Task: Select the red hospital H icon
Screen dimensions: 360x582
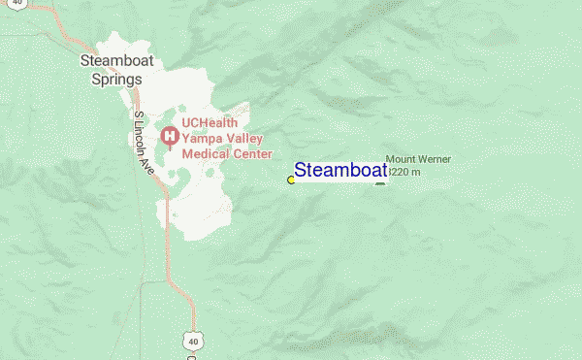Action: (168, 137)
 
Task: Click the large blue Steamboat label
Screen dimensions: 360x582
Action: (340, 171)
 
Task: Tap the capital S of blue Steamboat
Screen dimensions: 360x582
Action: (302, 171)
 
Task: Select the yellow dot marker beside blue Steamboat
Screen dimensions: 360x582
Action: (291, 180)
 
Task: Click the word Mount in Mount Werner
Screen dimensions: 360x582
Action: (401, 159)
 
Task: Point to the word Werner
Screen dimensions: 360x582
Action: (435, 159)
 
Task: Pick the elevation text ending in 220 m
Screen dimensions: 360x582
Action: (405, 172)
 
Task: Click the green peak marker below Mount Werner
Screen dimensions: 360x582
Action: (380, 183)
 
